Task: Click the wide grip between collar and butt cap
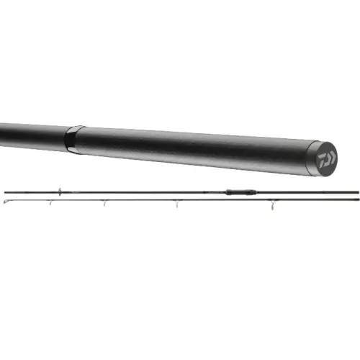[x=194, y=148]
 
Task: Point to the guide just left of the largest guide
[x=176, y=204]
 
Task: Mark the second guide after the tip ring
[x=105, y=204]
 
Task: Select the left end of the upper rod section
[x=6, y=192]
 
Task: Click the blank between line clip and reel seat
[x=144, y=192]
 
